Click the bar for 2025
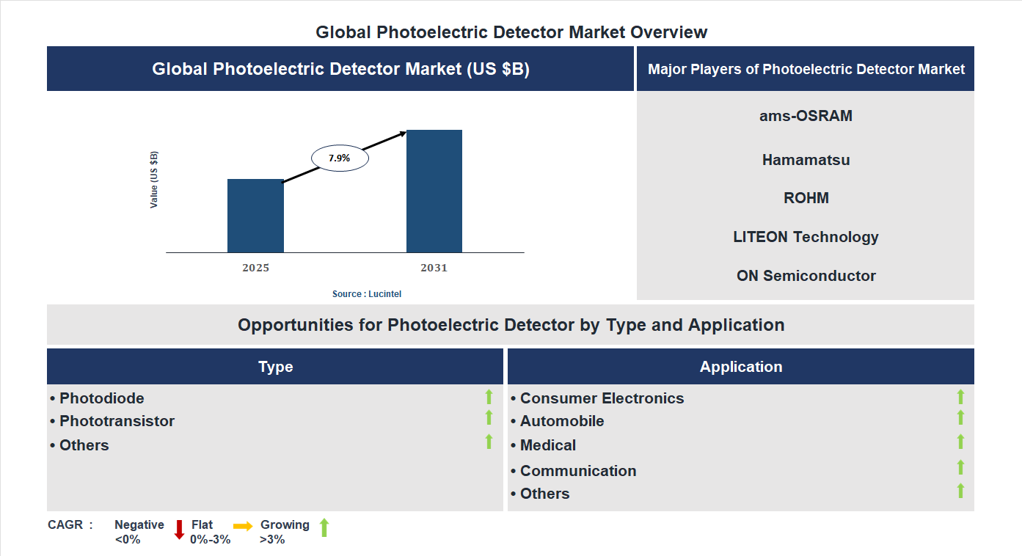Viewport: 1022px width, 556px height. (255, 216)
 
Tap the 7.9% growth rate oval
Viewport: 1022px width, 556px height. (340, 158)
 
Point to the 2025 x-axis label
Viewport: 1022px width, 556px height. (255, 268)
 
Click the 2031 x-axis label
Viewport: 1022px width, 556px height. (434, 268)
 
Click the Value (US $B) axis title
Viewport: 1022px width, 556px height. (154, 180)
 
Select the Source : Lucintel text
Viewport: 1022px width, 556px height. (367, 294)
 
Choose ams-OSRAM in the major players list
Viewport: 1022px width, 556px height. (806, 116)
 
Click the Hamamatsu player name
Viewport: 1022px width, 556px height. (806, 160)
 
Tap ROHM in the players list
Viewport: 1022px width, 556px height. (806, 198)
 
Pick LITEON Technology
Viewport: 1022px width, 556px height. (806, 237)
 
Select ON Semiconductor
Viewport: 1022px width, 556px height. (806, 276)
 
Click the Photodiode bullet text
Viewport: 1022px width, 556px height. (101, 398)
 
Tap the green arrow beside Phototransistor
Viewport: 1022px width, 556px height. (489, 417)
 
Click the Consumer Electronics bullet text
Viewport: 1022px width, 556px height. (602, 398)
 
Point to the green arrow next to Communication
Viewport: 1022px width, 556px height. (960, 467)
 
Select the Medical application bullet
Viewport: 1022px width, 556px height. (547, 445)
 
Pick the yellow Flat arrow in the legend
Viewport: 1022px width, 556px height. (243, 526)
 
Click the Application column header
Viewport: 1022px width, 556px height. (741, 367)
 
